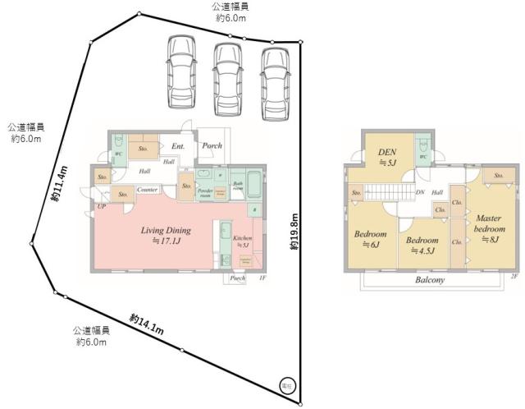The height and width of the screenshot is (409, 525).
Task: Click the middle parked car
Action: (229, 76)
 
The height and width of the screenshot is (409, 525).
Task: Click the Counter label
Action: (148, 190)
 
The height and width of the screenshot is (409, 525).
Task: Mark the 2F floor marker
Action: (514, 278)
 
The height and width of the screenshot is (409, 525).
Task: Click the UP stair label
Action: (102, 206)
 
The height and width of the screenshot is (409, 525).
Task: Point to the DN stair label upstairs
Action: (419, 193)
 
